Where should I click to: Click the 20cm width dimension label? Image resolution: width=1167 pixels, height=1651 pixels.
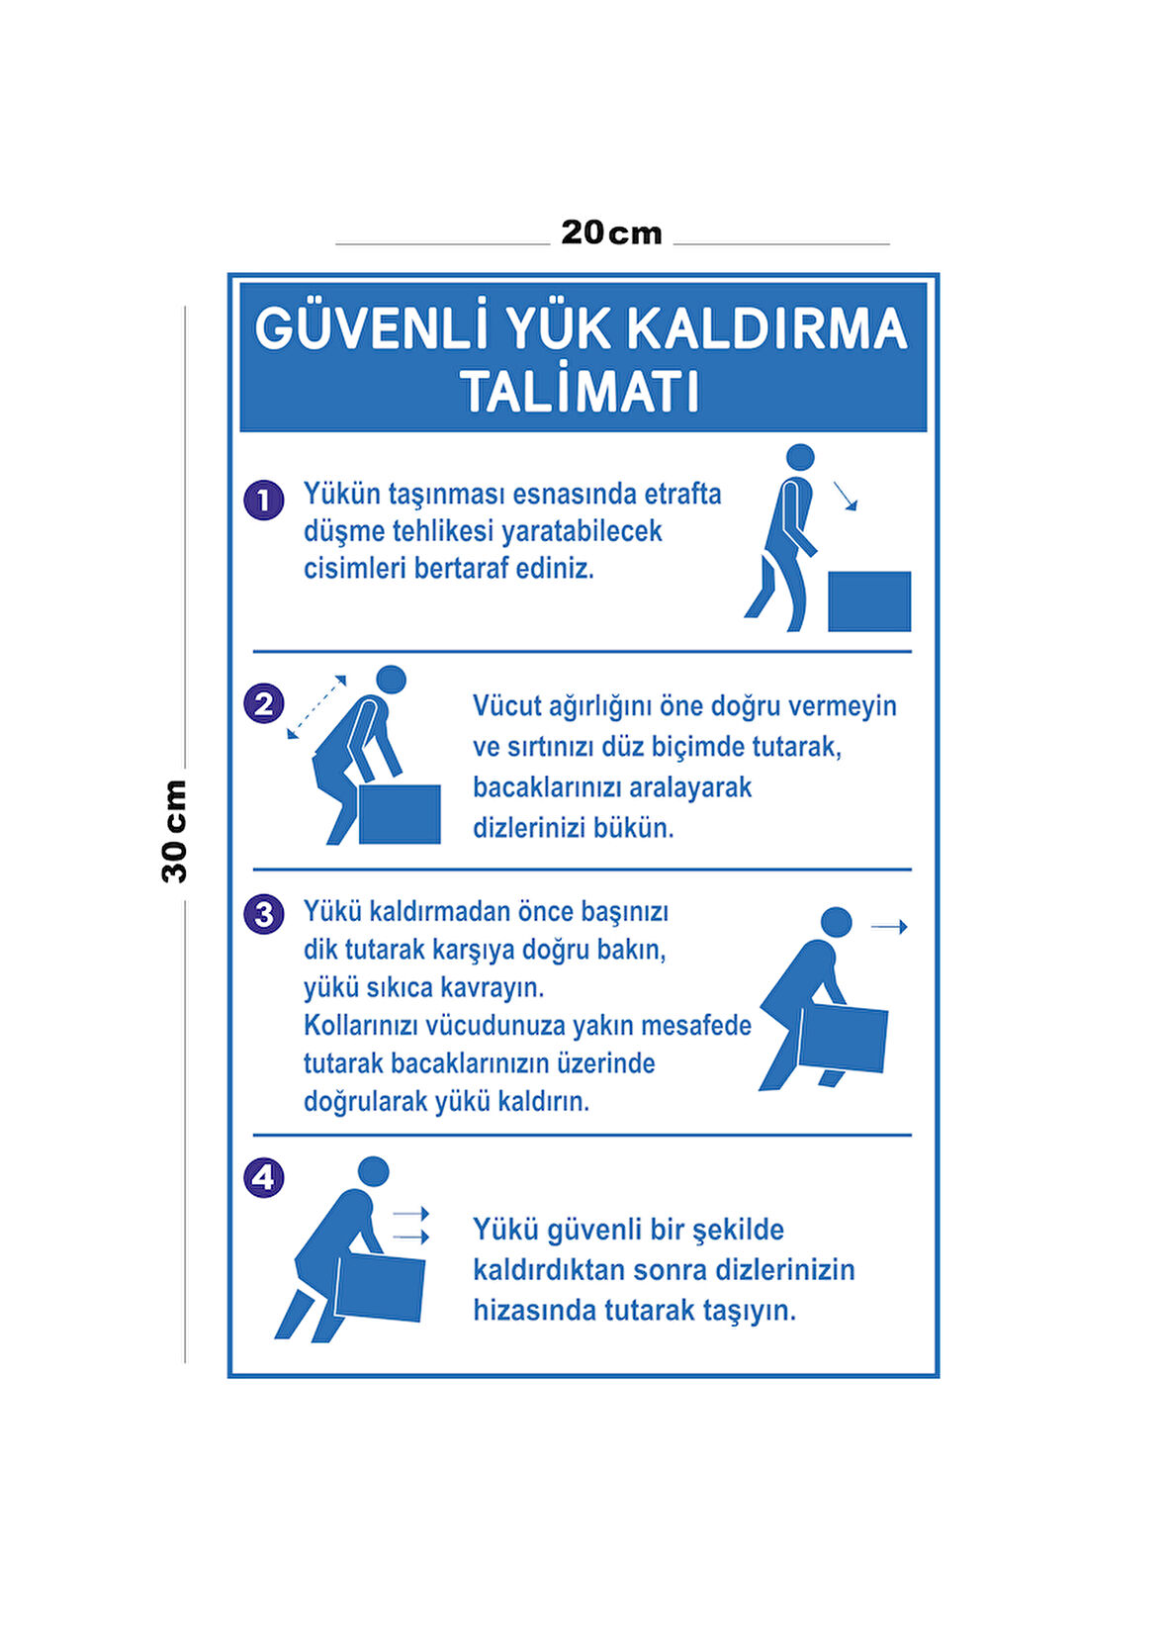611,232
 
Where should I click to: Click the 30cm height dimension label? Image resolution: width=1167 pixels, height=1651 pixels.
174,831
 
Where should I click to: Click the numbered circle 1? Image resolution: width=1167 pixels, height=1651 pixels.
264,501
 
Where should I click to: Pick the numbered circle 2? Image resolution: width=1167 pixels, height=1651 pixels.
264,704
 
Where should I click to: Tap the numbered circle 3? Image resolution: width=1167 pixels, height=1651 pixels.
264,915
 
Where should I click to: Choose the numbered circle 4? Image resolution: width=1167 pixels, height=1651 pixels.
264,1177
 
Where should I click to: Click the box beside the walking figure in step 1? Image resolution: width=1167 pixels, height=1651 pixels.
869,601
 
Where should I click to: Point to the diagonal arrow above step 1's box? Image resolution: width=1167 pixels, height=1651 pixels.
845,496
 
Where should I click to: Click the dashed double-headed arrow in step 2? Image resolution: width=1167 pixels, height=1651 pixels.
316,707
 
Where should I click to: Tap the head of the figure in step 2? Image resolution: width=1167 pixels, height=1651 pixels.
392,681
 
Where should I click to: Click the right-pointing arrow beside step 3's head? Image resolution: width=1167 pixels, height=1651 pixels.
889,927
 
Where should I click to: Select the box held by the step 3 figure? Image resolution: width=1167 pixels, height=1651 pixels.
844,1040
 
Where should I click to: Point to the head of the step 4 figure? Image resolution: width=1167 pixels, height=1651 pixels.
374,1171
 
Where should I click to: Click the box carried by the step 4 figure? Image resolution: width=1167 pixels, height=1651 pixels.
380,1288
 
